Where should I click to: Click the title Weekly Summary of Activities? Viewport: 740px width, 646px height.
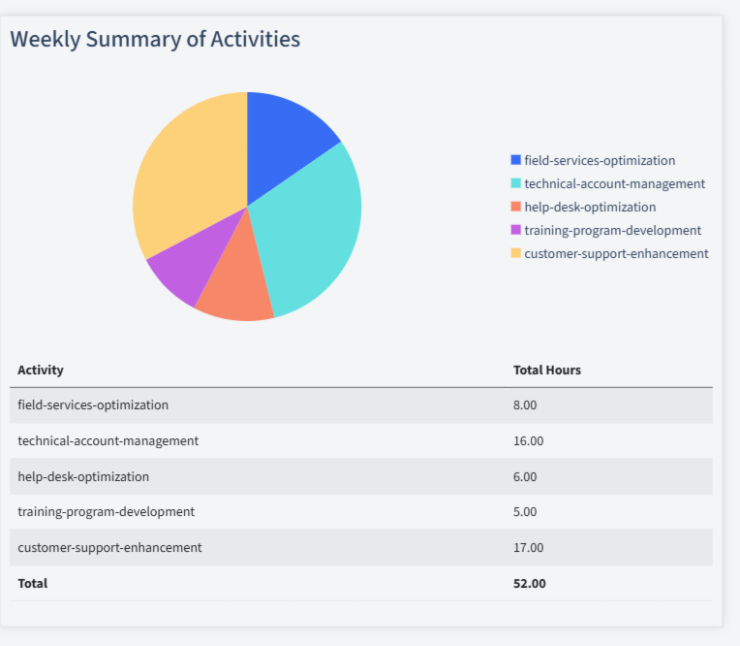pos(155,39)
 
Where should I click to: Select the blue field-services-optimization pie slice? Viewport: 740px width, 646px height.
pos(286,141)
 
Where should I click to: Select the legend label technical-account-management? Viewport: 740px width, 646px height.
pos(614,183)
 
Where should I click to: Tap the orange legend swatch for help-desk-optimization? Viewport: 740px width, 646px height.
pos(515,207)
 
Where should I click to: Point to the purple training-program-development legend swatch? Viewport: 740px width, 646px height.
pos(515,230)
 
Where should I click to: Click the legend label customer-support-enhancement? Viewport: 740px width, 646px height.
pos(616,253)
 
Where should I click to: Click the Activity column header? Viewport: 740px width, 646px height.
pos(41,370)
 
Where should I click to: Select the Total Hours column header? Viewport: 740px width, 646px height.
pos(546,370)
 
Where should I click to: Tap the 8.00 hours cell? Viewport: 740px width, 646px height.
pos(525,404)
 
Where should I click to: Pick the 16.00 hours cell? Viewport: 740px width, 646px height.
pos(528,440)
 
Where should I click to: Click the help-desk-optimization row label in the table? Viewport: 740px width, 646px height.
pos(83,476)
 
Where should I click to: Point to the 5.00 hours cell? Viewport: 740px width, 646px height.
pos(525,511)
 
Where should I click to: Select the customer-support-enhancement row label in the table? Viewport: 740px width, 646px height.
pos(109,547)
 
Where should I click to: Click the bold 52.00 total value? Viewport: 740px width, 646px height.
pos(529,583)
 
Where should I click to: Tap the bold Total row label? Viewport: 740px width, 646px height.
pos(32,583)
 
